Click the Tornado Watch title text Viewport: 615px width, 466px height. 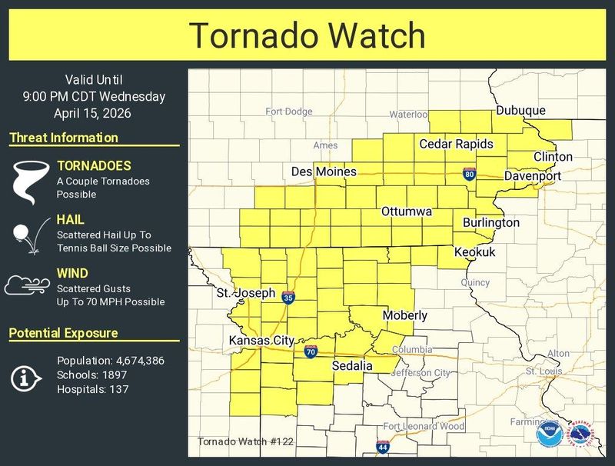[307, 35]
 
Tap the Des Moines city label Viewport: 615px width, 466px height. [324, 171]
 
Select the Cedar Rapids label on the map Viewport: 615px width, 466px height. [456, 144]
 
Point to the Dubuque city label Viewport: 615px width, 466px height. [520, 111]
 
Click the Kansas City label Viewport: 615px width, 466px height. [261, 340]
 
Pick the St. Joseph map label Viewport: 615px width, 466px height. [245, 293]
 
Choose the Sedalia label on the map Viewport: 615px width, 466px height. [352, 366]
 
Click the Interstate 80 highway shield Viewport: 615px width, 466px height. [469, 174]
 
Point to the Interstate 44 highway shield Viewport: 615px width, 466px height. [382, 446]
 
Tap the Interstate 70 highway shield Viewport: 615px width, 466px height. [311, 352]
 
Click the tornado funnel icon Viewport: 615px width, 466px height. [30, 181]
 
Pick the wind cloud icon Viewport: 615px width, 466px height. [28, 286]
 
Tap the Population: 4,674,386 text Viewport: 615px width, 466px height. [111, 361]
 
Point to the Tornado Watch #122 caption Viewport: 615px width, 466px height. [244, 441]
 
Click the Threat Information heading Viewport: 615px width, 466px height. [64, 138]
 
